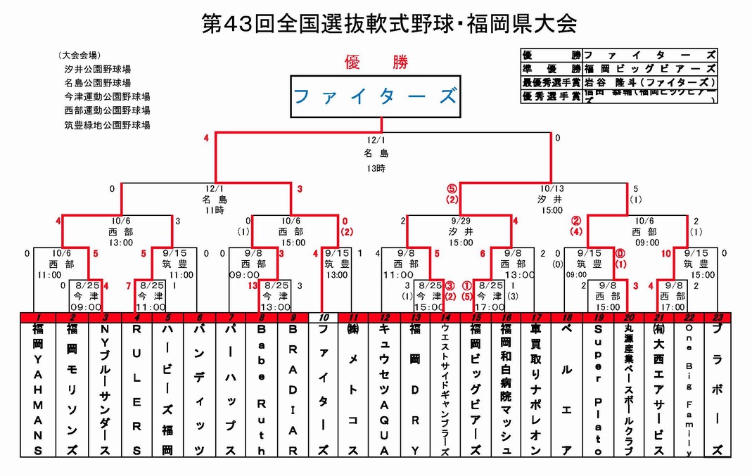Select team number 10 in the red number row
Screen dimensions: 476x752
pos(323,318)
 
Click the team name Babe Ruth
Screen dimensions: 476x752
pos(262,389)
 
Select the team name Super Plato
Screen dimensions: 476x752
pos(599,389)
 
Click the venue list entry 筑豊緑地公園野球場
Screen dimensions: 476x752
pos(107,125)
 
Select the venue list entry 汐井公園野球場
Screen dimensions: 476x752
pos(97,69)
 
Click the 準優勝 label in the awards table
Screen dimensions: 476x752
pos(552,68)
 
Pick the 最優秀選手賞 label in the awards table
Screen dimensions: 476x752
pos(552,82)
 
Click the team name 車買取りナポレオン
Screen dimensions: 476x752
pos(535,389)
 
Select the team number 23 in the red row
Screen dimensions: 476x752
pos(717,318)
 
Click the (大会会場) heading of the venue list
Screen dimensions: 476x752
pos(79,56)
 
